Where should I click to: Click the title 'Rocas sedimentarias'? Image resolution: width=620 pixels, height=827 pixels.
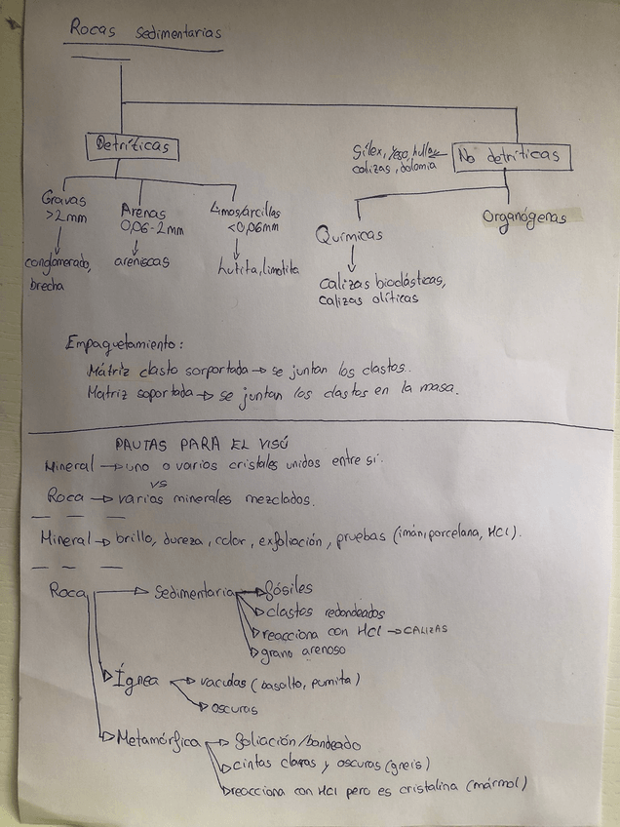[144, 32]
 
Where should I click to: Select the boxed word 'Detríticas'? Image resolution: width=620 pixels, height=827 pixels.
[132, 146]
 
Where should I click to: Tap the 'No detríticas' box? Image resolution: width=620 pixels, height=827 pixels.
[511, 155]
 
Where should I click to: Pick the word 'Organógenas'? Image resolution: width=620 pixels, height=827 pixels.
[523, 217]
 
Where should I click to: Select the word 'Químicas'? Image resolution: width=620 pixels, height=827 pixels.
[349, 235]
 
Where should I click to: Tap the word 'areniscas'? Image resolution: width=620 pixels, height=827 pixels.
[141, 261]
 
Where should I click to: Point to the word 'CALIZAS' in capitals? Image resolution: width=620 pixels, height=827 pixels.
[421, 629]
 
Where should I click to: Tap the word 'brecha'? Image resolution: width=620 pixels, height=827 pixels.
[47, 285]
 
